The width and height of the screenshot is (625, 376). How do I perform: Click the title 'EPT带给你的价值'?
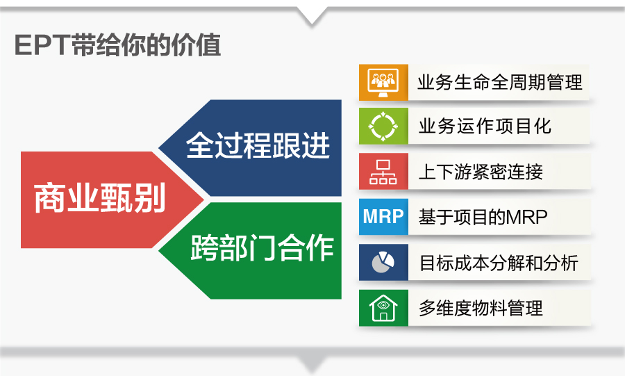(x=117, y=44)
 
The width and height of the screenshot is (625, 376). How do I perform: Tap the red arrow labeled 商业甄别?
(x=112, y=199)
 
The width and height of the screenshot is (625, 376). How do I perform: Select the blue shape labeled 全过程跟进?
(x=250, y=147)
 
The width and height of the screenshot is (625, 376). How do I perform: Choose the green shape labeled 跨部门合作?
(x=250, y=251)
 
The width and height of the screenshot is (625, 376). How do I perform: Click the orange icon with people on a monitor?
(x=383, y=82)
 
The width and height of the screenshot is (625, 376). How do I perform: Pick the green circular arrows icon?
(x=383, y=126)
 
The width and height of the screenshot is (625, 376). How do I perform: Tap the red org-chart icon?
(x=383, y=172)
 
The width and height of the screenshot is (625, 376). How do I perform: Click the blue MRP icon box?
(x=383, y=217)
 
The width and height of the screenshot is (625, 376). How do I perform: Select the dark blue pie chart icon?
(x=383, y=262)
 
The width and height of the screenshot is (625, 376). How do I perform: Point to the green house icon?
(x=383, y=308)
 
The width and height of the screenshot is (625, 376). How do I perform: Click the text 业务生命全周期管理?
(x=500, y=83)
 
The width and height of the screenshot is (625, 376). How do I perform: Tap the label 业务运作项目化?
(x=485, y=126)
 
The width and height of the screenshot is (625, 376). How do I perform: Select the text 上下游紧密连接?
(x=481, y=172)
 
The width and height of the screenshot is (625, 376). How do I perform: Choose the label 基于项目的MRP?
(x=483, y=217)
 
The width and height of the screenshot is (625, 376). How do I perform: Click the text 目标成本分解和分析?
(x=499, y=263)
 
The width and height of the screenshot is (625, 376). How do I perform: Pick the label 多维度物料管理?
(x=481, y=308)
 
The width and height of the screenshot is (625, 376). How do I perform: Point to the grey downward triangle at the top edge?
(x=312, y=15)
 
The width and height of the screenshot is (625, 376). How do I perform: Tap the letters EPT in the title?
(x=42, y=45)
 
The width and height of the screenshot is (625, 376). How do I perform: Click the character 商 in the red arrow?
(x=49, y=198)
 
